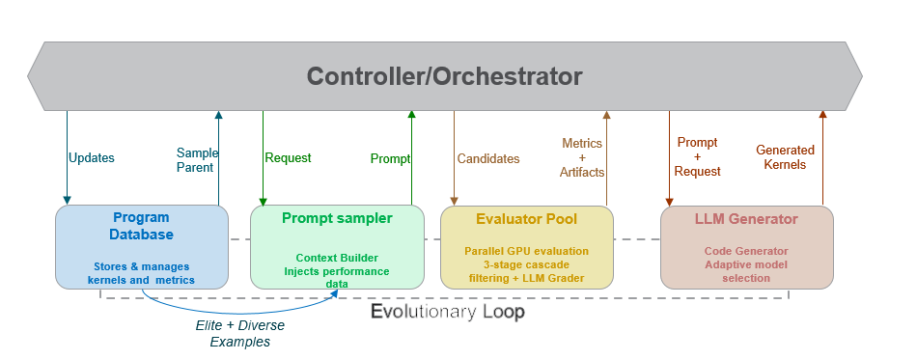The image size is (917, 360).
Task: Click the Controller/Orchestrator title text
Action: tap(444, 75)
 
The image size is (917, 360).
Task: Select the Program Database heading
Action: tap(141, 226)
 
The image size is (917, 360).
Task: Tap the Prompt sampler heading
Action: tap(337, 218)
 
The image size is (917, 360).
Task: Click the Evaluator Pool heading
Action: tap(527, 219)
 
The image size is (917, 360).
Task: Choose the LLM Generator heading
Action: tap(746, 219)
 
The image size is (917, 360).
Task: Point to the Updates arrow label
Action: tap(92, 158)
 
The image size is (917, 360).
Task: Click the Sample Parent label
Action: tap(197, 159)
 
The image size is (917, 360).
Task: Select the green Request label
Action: tap(288, 158)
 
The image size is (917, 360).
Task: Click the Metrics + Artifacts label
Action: tap(581, 157)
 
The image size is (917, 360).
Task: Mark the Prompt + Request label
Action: tap(698, 156)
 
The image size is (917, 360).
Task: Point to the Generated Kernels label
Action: tap(785, 157)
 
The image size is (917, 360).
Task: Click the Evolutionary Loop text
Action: tap(448, 312)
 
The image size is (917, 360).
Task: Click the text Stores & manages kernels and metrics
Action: tap(141, 273)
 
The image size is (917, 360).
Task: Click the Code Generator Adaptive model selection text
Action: tap(746, 264)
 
